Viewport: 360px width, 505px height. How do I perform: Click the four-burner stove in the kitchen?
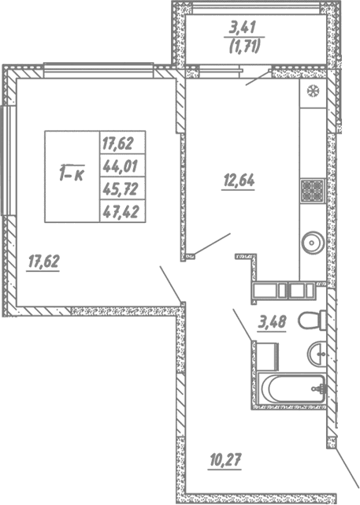click(311, 190)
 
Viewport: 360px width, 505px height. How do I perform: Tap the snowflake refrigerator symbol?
click(312, 90)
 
